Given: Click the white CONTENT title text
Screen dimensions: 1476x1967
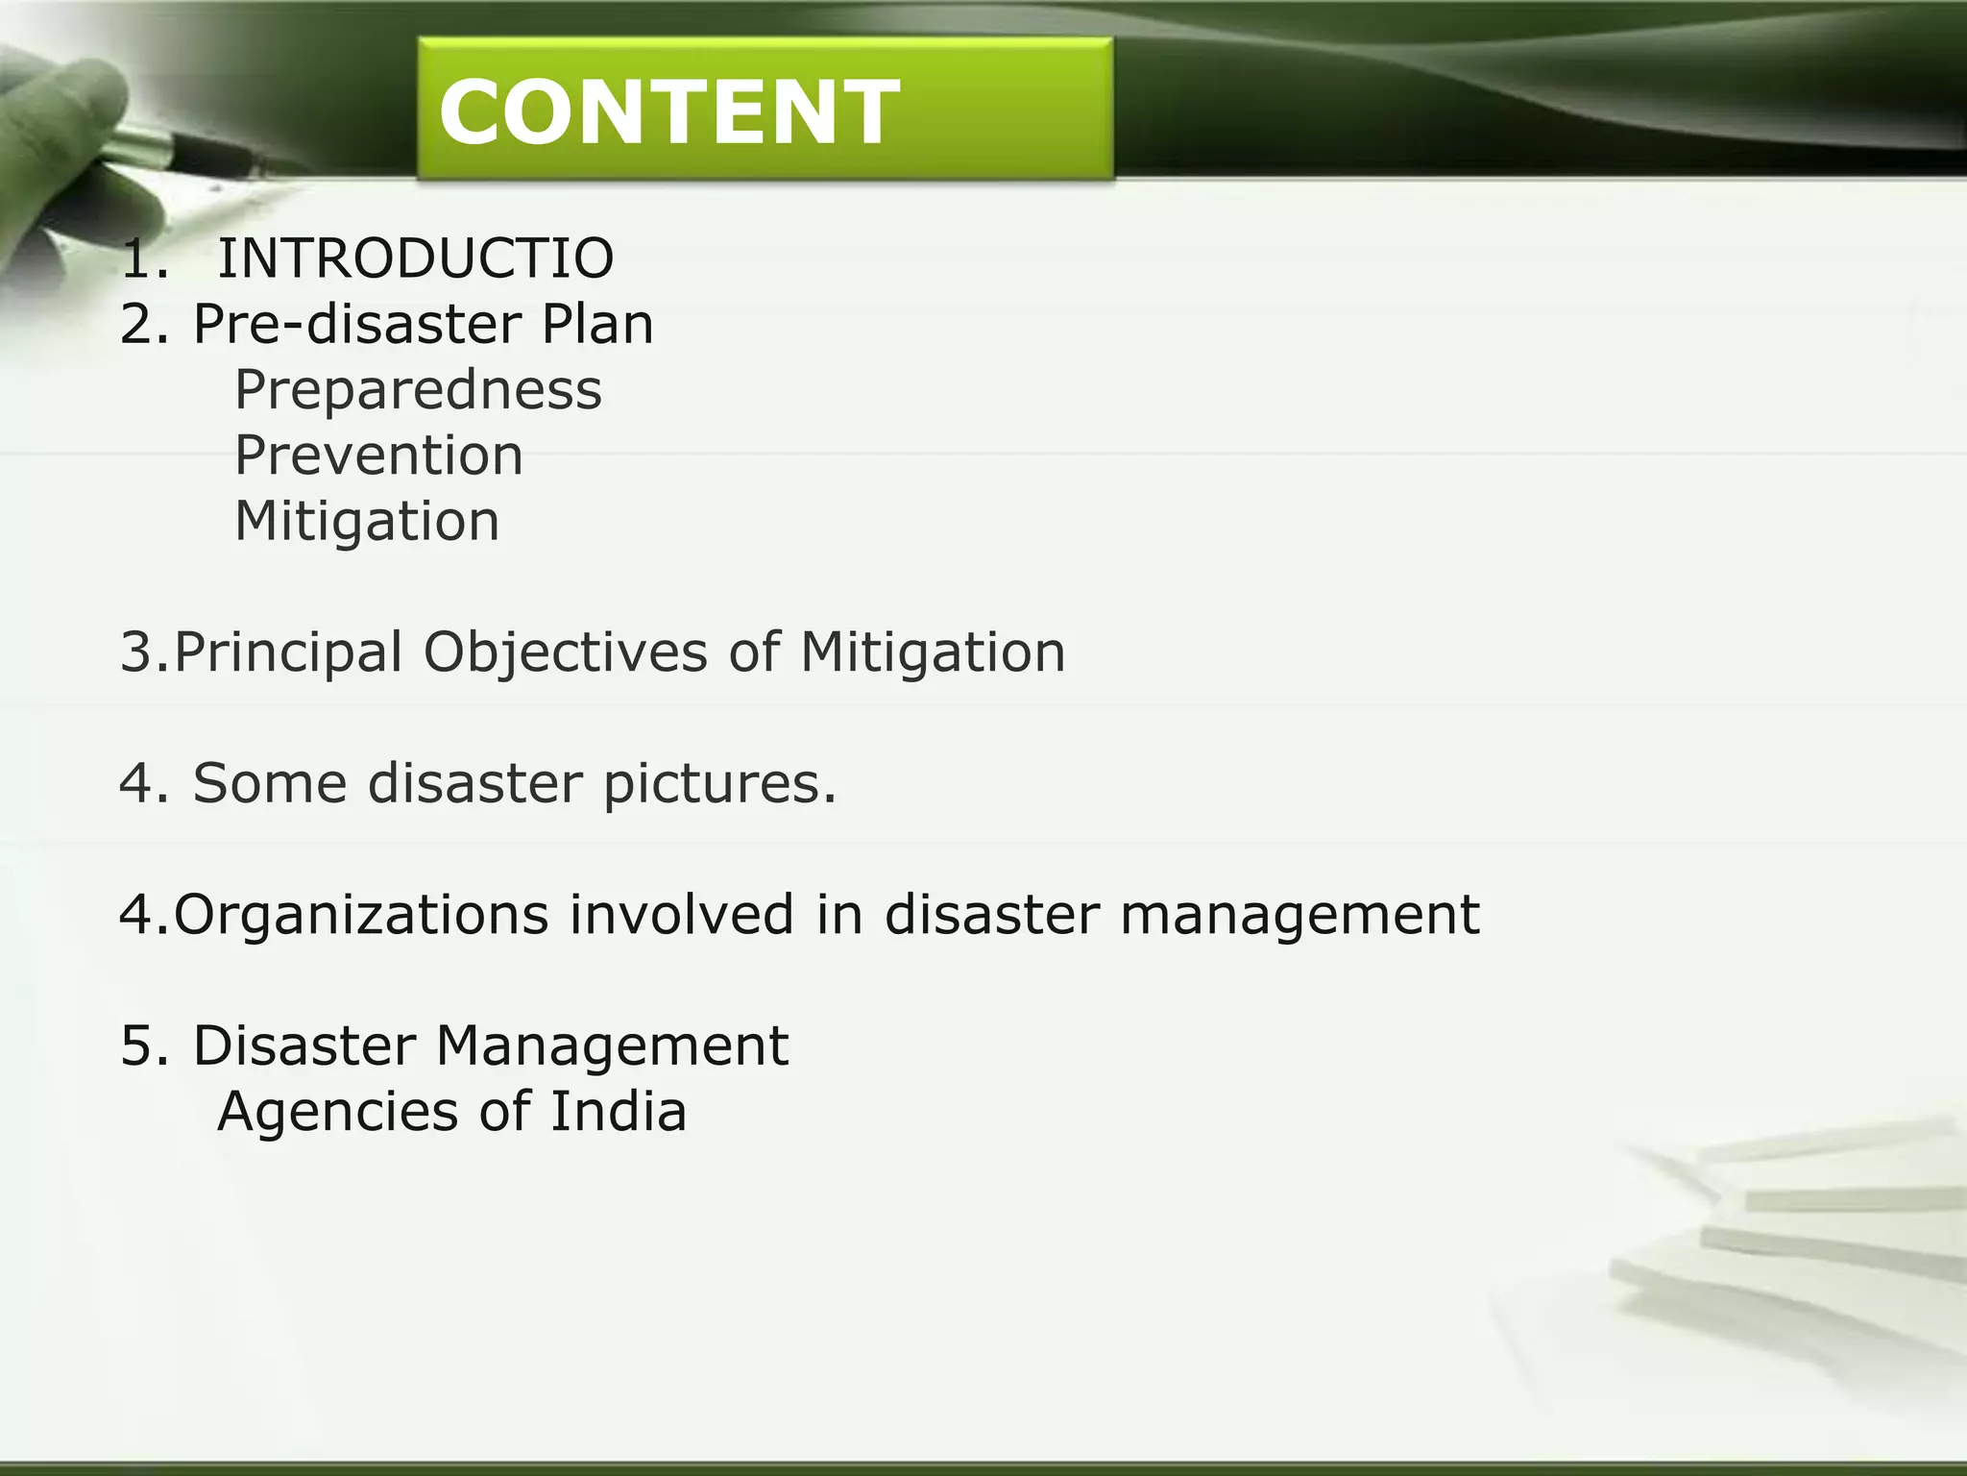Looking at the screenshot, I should (669, 112).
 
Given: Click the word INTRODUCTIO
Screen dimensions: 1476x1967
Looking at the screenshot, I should (415, 258).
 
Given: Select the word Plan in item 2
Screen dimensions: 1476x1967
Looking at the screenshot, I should (596, 324).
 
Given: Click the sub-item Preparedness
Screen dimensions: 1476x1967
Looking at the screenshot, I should (418, 391).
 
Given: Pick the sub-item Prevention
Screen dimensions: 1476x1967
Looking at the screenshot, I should (378, 455).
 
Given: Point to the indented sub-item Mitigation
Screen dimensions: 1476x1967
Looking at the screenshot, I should (367, 522).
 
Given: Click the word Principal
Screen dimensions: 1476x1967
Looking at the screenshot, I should (288, 653).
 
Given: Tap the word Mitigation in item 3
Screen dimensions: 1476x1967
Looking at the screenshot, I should (933, 653).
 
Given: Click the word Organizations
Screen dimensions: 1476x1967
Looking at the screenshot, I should (361, 915).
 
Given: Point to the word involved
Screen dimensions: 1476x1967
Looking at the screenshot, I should (681, 914).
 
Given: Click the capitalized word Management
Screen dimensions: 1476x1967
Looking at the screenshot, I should (612, 1046).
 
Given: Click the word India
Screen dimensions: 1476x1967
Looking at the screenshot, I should (619, 1112).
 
